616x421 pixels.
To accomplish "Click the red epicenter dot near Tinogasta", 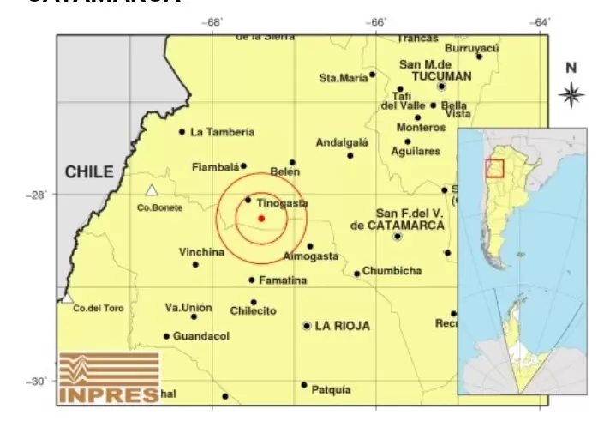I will pyautogui.click(x=260, y=218).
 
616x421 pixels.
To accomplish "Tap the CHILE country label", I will pyautogui.click(x=88, y=172).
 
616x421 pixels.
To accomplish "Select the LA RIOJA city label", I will pyautogui.click(x=342, y=326).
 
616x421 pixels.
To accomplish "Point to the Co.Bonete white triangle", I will pyautogui.click(x=152, y=190).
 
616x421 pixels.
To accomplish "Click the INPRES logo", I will pyautogui.click(x=109, y=377).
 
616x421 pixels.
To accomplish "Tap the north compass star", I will pyautogui.click(x=571, y=94).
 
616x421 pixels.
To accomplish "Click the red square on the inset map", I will pyautogui.click(x=494, y=168).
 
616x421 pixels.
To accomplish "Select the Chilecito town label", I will pyautogui.click(x=253, y=310).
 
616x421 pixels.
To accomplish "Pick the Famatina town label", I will pyautogui.click(x=283, y=280).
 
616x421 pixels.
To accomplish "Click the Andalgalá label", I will pyautogui.click(x=341, y=142).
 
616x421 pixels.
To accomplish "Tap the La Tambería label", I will pyautogui.click(x=222, y=132).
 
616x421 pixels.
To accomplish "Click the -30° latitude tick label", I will pyautogui.click(x=39, y=381).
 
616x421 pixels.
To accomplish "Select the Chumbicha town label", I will pyautogui.click(x=392, y=271).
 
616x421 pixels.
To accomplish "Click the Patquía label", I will pyautogui.click(x=331, y=389).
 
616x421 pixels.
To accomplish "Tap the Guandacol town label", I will pyautogui.click(x=201, y=336).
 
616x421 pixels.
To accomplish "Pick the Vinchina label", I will pyautogui.click(x=201, y=252).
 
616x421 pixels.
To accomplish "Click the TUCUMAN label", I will pyautogui.click(x=441, y=76).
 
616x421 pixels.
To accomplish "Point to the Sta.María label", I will pyautogui.click(x=343, y=78).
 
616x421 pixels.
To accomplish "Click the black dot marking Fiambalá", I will pyautogui.click(x=243, y=166).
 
